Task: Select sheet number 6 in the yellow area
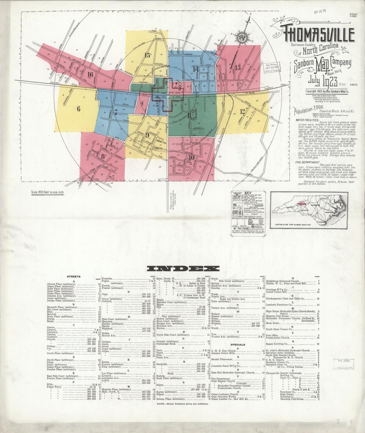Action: click(79, 109)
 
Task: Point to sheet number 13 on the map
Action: click(238, 68)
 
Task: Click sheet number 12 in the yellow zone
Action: click(242, 111)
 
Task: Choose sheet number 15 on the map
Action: click(148, 55)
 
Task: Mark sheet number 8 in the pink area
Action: click(103, 155)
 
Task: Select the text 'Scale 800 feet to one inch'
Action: click(47, 192)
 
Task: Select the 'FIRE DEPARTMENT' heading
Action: click(307, 162)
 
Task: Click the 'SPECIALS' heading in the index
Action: click(238, 345)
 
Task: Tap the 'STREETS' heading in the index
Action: click(74, 277)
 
